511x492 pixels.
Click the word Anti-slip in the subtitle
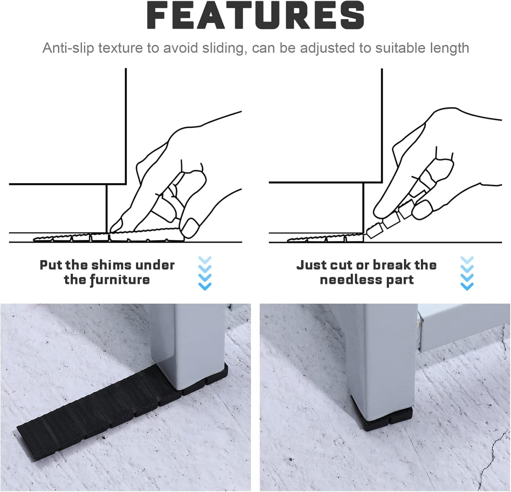[x=68, y=48]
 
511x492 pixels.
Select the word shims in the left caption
[x=112, y=265]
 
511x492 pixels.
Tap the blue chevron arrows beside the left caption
[x=205, y=273]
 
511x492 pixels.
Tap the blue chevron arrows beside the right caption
[x=467, y=273]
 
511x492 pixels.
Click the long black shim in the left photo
[x=95, y=405]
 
